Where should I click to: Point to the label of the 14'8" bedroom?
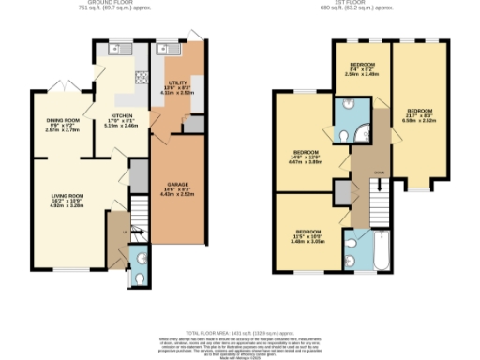click(x=307, y=156)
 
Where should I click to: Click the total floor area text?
click(x=239, y=334)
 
